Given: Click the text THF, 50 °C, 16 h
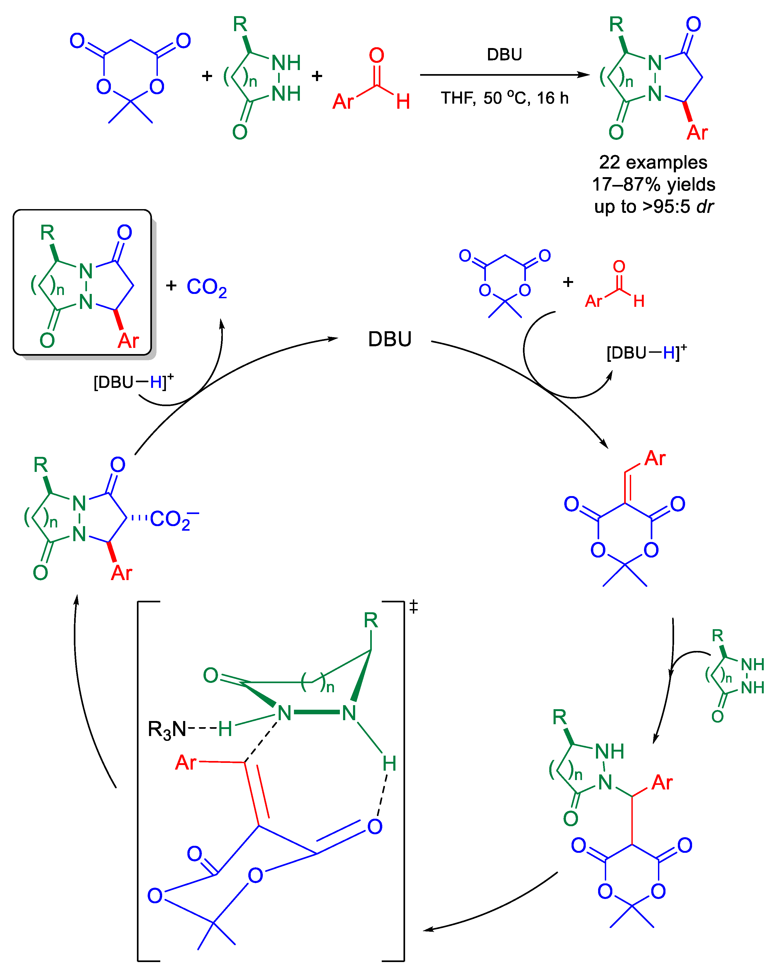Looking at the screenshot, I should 504,98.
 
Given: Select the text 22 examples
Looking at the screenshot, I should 653,162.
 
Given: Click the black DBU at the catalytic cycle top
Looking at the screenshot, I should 390,339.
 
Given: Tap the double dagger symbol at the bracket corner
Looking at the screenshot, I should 413,607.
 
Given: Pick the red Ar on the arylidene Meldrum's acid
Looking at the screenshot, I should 655,458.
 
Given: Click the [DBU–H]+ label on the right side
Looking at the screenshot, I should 646,352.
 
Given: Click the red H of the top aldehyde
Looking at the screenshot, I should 403,102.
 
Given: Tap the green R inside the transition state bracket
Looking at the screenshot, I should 370,620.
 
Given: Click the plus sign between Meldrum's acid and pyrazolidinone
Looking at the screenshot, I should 207,76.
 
